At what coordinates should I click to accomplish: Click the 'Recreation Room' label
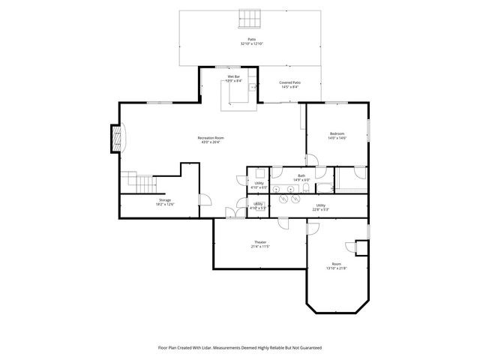click(x=211, y=138)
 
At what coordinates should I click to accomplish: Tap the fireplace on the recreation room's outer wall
click(x=115, y=139)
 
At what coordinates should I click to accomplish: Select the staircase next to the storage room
click(x=139, y=182)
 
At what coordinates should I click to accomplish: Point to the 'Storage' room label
click(x=164, y=200)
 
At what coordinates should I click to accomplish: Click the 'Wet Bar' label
click(x=234, y=76)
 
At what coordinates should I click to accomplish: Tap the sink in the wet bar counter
click(x=253, y=88)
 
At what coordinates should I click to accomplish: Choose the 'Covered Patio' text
click(x=289, y=82)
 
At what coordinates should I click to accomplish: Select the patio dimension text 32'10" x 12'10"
click(x=251, y=43)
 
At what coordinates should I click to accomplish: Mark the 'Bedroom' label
click(x=337, y=133)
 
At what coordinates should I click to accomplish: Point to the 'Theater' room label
click(x=260, y=242)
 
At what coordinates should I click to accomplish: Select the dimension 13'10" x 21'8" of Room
click(x=337, y=268)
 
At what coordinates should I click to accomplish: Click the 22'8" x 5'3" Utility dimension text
click(x=320, y=209)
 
